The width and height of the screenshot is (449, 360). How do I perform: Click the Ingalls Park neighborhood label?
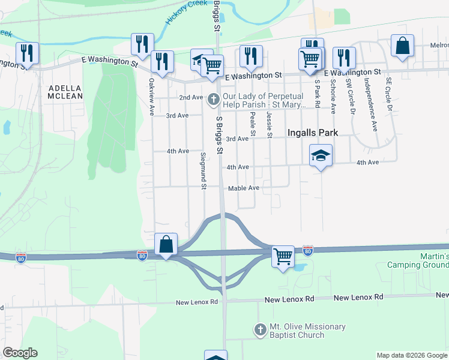coord(313,133)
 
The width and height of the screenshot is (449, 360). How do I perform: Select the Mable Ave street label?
coord(243,188)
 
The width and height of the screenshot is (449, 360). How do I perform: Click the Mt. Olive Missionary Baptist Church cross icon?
coord(260,330)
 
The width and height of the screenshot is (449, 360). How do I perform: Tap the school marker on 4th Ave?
coord(321,156)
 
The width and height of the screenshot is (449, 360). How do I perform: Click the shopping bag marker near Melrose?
coord(402,47)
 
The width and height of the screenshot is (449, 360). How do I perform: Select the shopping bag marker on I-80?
coord(166,245)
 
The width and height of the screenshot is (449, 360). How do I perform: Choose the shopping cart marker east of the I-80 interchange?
coord(283,257)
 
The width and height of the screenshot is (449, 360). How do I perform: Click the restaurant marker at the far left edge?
coord(26,53)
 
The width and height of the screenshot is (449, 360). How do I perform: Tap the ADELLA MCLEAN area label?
coord(65,91)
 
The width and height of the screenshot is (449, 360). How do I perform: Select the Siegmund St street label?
coord(203,172)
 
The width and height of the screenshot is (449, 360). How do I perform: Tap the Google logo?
coord(20,353)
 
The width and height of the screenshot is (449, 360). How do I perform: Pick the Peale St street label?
coord(253,123)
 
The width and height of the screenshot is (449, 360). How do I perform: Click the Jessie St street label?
coord(269,124)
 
